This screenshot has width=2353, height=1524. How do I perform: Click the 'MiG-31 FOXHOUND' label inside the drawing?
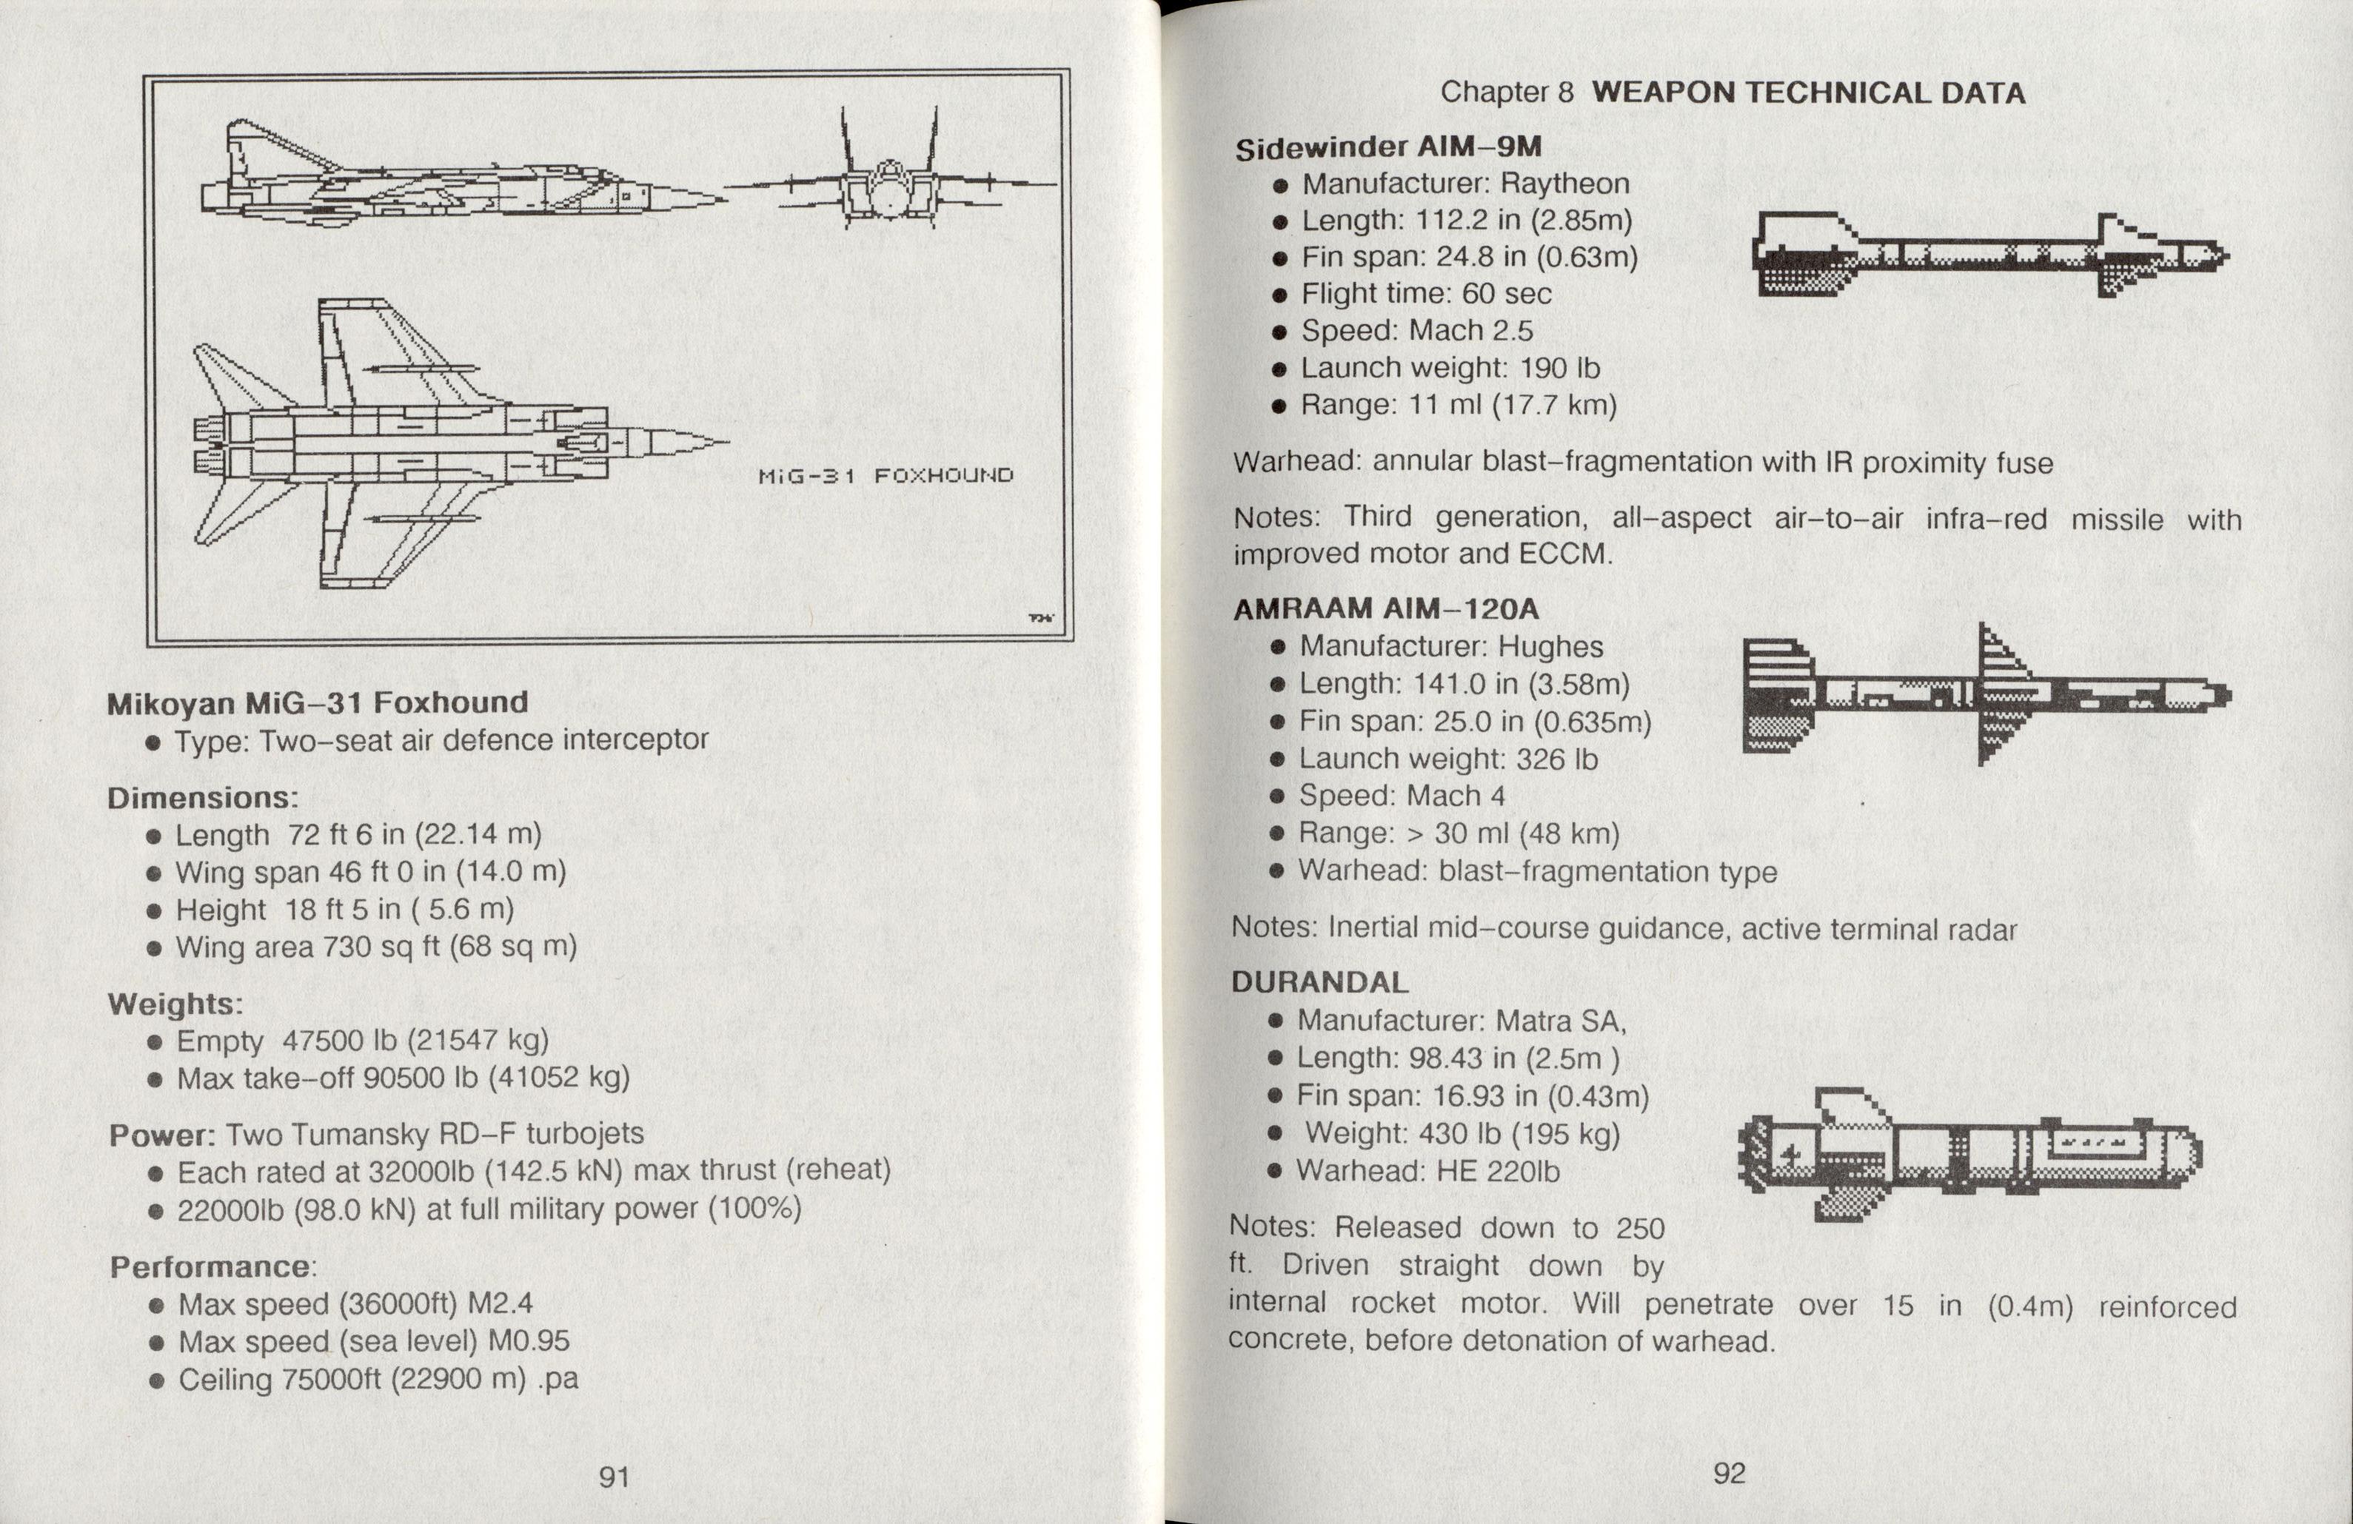(x=885, y=475)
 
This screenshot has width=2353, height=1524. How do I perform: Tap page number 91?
(x=614, y=1477)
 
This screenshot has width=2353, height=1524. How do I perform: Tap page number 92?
(x=1729, y=1473)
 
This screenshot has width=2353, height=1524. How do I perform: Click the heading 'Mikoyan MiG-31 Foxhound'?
(x=318, y=702)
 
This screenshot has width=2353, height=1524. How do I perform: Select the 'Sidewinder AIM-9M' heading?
(x=1388, y=147)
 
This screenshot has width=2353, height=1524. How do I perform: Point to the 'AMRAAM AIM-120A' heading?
(x=1386, y=609)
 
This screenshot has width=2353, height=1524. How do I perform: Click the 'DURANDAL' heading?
(x=1319, y=982)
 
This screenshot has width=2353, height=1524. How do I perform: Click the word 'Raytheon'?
(x=1564, y=184)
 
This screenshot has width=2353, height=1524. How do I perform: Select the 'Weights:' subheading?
(x=175, y=1004)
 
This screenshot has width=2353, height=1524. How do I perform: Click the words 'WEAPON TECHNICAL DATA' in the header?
(x=1808, y=93)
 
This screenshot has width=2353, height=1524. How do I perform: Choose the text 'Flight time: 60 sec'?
(x=1425, y=294)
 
